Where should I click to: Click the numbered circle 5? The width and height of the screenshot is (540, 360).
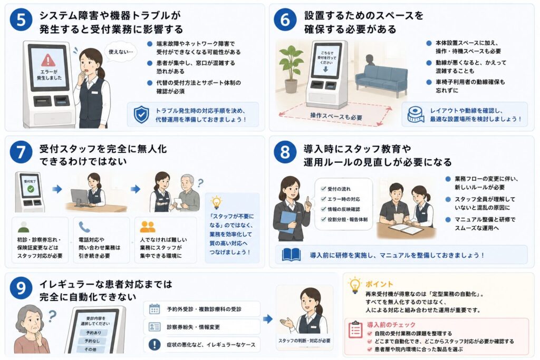click(21, 20)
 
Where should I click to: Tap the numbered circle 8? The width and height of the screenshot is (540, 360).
click(285, 152)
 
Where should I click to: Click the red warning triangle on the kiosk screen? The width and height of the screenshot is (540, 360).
click(48, 61)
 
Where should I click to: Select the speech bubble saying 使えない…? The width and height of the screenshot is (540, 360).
click(121, 52)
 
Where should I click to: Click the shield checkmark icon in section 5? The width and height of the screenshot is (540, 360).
click(141, 114)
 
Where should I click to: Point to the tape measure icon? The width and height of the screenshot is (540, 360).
click(416, 114)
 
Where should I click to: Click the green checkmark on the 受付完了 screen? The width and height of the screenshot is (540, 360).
click(31, 189)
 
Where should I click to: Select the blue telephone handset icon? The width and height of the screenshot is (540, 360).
click(84, 227)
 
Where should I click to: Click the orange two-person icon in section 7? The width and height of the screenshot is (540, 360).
click(148, 227)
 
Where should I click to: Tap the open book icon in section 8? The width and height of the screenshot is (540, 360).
click(291, 255)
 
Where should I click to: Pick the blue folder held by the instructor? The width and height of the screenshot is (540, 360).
click(288, 221)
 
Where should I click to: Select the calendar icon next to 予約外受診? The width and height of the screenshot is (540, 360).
click(155, 309)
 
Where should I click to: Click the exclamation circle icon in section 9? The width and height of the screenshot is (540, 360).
click(155, 345)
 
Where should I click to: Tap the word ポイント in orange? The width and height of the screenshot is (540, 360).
click(379, 284)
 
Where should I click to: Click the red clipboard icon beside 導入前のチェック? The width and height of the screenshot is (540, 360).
click(355, 329)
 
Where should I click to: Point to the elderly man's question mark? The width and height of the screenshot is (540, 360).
click(200, 182)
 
